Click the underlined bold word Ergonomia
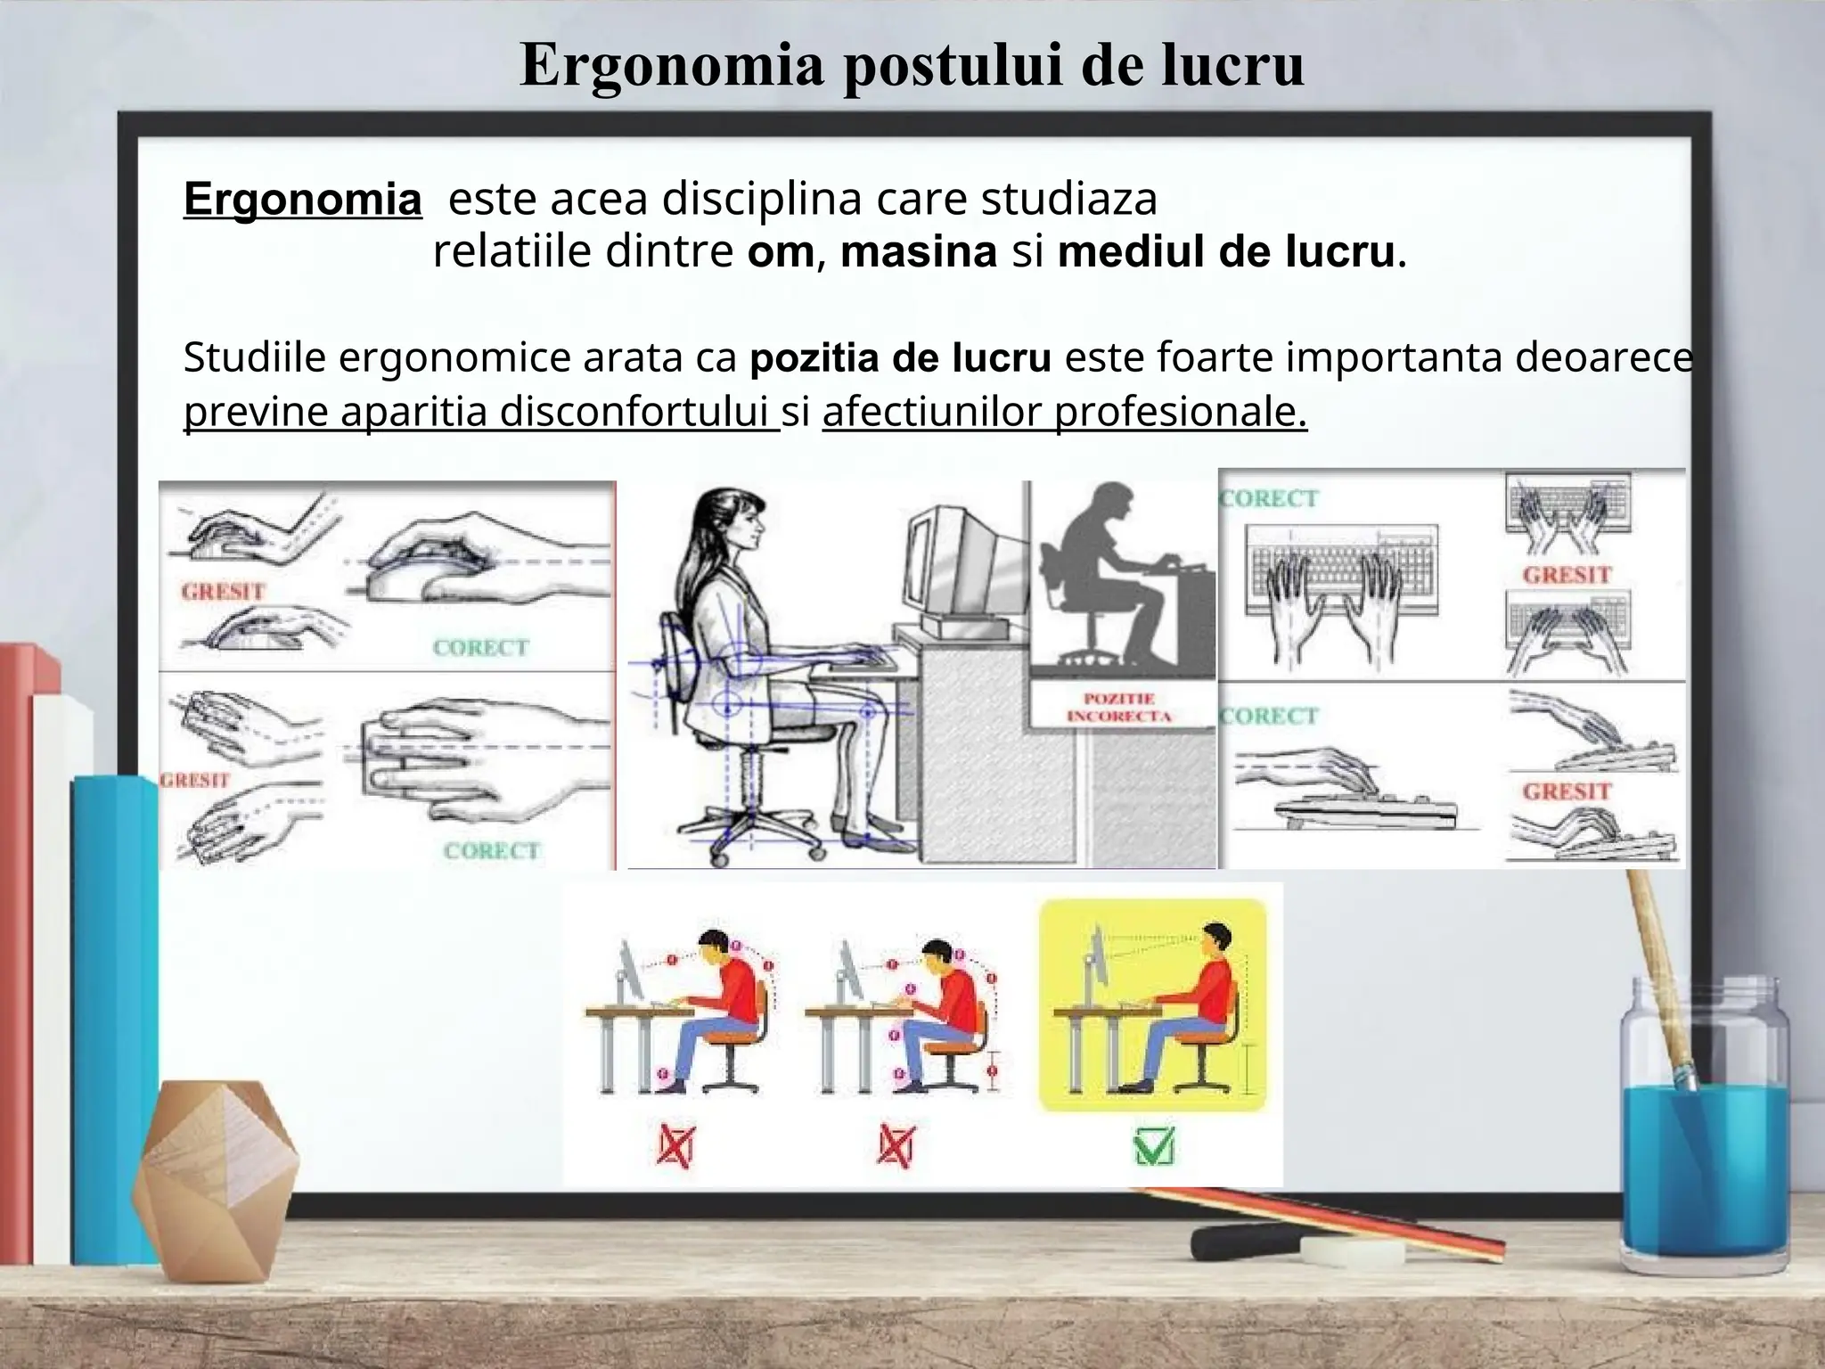click(302, 200)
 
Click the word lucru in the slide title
click(1232, 64)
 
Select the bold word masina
click(918, 252)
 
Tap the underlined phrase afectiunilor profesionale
click(1064, 413)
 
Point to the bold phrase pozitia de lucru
click(900, 358)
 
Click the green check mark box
click(1154, 1147)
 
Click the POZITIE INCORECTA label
click(1118, 708)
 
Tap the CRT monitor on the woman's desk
click(962, 570)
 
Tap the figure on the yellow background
click(1194, 1007)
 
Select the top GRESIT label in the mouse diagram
click(223, 592)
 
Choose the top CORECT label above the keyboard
click(1268, 498)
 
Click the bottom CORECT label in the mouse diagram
click(492, 851)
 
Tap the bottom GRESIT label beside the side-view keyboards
click(1567, 791)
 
